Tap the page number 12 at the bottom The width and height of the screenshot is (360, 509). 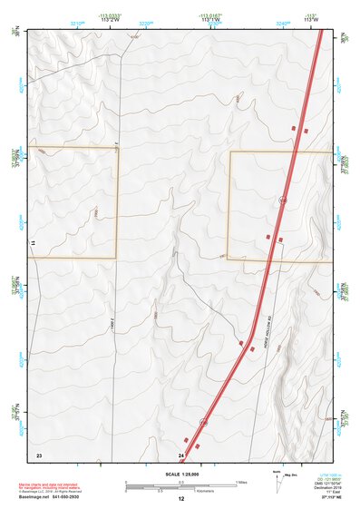click(180, 499)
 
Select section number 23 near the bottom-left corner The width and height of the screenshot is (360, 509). click(39, 454)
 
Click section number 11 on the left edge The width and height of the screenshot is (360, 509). click(33, 245)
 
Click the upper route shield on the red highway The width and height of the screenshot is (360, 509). click(283, 200)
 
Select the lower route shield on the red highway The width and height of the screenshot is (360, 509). click(204, 423)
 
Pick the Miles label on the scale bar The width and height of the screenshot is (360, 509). click(241, 481)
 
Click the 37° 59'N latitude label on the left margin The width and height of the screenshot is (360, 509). click(14, 156)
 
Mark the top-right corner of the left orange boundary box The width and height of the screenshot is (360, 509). click(118, 147)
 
